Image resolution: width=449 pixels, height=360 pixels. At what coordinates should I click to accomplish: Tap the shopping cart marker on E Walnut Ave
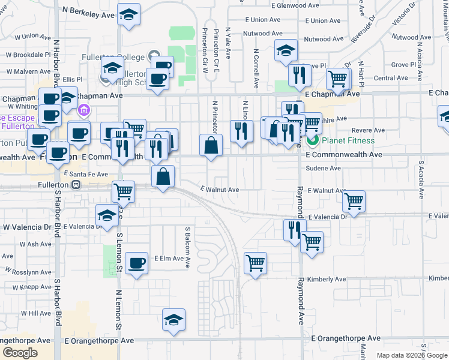point(354,201)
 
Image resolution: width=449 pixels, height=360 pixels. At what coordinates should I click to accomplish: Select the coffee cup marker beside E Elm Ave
point(137,262)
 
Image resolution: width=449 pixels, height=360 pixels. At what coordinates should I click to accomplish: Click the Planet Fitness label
point(348,141)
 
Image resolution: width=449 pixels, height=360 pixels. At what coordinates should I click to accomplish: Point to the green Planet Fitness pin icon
point(312,141)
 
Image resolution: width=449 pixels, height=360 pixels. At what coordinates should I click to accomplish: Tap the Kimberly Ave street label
point(327,279)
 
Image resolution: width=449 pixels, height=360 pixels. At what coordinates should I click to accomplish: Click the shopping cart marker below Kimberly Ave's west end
point(256,262)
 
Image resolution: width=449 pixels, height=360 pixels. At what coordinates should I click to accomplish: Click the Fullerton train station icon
point(76,185)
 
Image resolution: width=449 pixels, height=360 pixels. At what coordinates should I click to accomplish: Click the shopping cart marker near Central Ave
point(338,79)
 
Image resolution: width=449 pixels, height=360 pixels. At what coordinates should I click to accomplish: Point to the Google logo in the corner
point(20,353)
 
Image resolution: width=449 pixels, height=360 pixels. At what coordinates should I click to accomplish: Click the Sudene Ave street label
point(323,169)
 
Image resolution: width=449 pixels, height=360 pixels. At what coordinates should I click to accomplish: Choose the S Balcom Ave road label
point(187,247)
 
